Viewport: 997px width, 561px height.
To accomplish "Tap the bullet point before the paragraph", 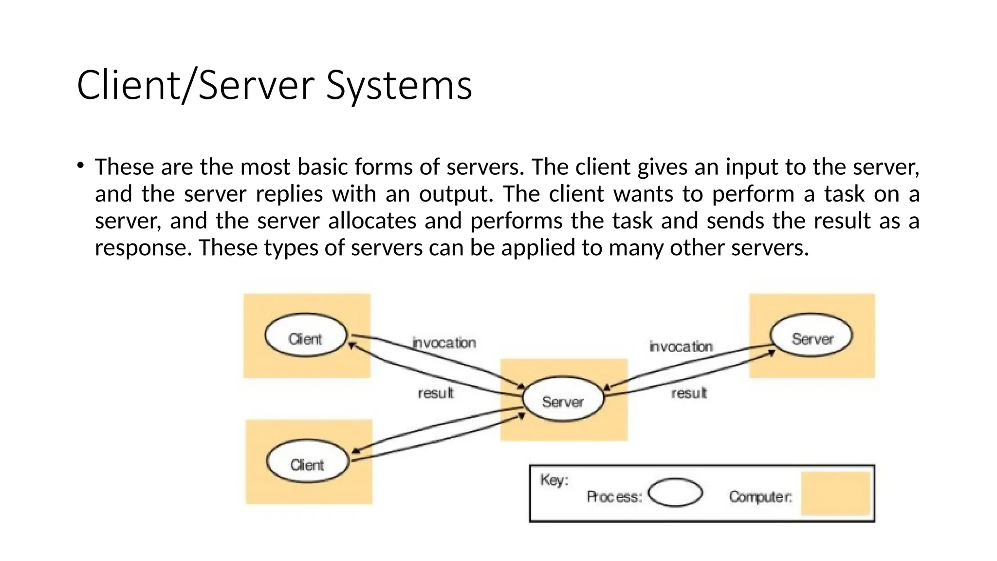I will (x=80, y=166).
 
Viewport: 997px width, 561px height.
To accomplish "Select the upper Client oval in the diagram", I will (x=306, y=336).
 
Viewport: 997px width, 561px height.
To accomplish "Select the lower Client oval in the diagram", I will (x=308, y=462).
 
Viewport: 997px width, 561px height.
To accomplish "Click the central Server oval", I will (x=563, y=399).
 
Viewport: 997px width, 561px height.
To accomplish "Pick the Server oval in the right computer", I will (x=812, y=336).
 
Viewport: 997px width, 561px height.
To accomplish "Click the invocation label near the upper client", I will (x=444, y=343).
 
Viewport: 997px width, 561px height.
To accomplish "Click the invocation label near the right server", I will (x=681, y=347).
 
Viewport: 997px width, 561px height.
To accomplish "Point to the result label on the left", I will (x=436, y=393).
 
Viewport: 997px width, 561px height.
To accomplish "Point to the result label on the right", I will (x=689, y=393).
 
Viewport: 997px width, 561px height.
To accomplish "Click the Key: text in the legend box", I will (x=554, y=480).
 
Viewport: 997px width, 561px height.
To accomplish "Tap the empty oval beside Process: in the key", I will (x=675, y=493).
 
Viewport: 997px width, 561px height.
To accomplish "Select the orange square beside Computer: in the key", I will (x=835, y=493).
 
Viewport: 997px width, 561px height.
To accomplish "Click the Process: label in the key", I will (x=614, y=497).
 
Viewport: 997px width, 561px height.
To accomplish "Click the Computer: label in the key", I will (x=760, y=497).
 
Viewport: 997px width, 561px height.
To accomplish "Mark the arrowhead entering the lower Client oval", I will (x=356, y=451).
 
